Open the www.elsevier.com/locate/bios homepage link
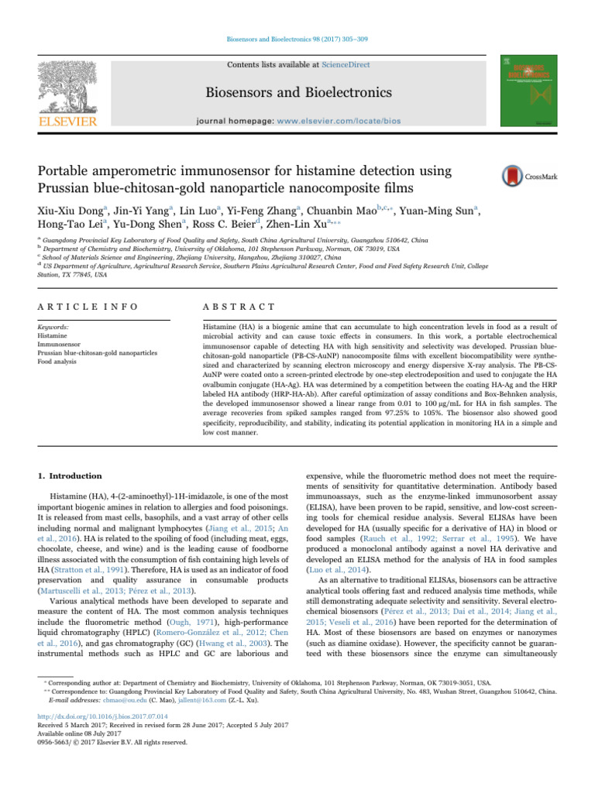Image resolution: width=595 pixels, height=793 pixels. pyautogui.click(x=349, y=122)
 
